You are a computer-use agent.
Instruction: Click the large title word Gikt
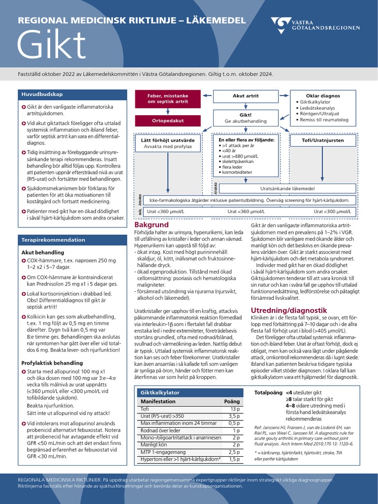(x=52, y=45)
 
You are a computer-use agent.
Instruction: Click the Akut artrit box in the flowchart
(x=245, y=95)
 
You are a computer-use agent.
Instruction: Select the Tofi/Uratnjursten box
(x=323, y=140)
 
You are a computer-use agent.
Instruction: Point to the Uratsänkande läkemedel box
(x=287, y=189)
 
